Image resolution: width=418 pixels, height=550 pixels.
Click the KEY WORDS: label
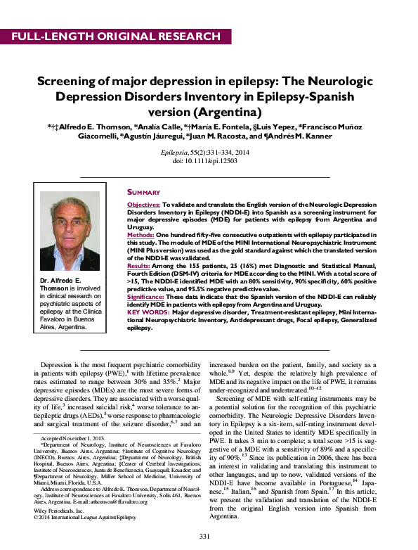[147, 312]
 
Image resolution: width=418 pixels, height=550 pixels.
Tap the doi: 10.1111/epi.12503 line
[209, 160]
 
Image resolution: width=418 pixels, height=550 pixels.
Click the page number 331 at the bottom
[205, 536]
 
